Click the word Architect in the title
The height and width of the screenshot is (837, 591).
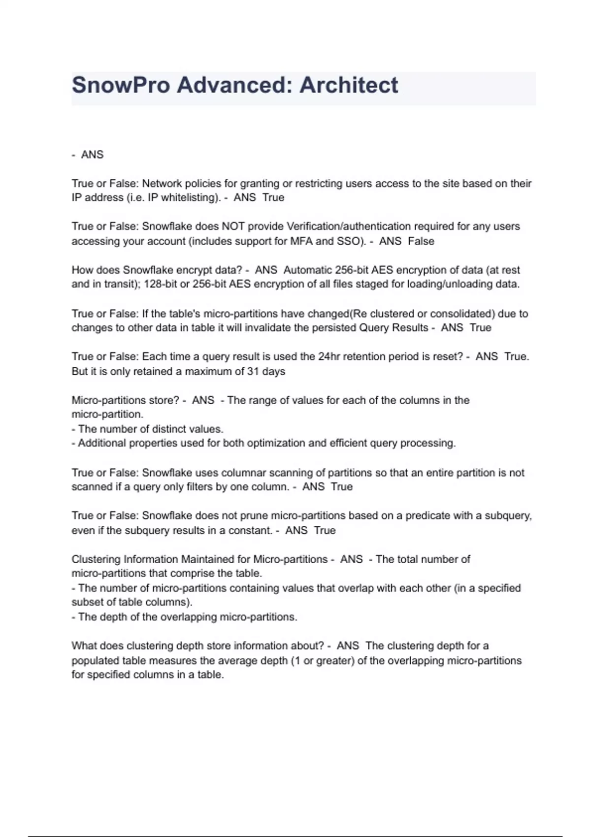click(349, 85)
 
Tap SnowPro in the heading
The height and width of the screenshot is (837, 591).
click(121, 85)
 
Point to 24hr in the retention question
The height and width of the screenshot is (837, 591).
click(329, 356)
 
